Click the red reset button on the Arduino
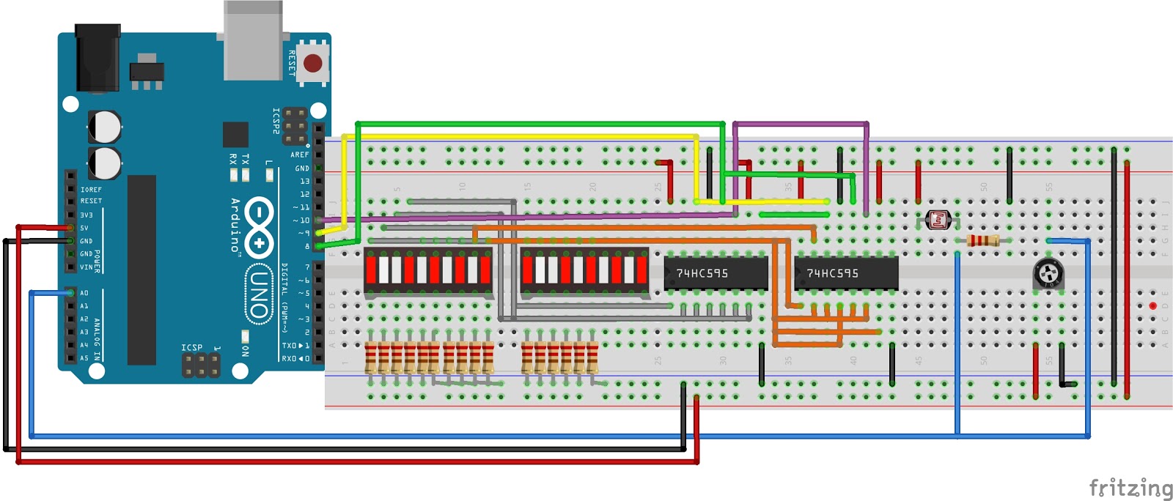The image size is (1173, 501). click(313, 64)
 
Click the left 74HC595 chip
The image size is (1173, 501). click(715, 273)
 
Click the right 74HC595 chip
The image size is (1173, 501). click(846, 273)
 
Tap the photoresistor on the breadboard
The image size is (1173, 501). click(938, 219)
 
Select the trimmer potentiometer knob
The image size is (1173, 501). click(1048, 275)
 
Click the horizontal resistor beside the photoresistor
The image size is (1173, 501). click(982, 240)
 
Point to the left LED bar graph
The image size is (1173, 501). click(428, 270)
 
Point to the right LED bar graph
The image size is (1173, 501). click(584, 270)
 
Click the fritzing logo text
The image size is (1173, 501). click(1130, 488)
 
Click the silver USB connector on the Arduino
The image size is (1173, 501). click(253, 40)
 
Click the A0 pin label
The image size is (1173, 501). click(84, 293)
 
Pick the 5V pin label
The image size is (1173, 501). click(84, 228)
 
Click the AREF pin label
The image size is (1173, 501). click(299, 155)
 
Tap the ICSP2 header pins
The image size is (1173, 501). click(295, 126)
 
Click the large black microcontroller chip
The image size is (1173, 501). click(141, 270)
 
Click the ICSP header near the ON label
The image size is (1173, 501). click(201, 364)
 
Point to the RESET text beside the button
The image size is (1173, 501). click(292, 64)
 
